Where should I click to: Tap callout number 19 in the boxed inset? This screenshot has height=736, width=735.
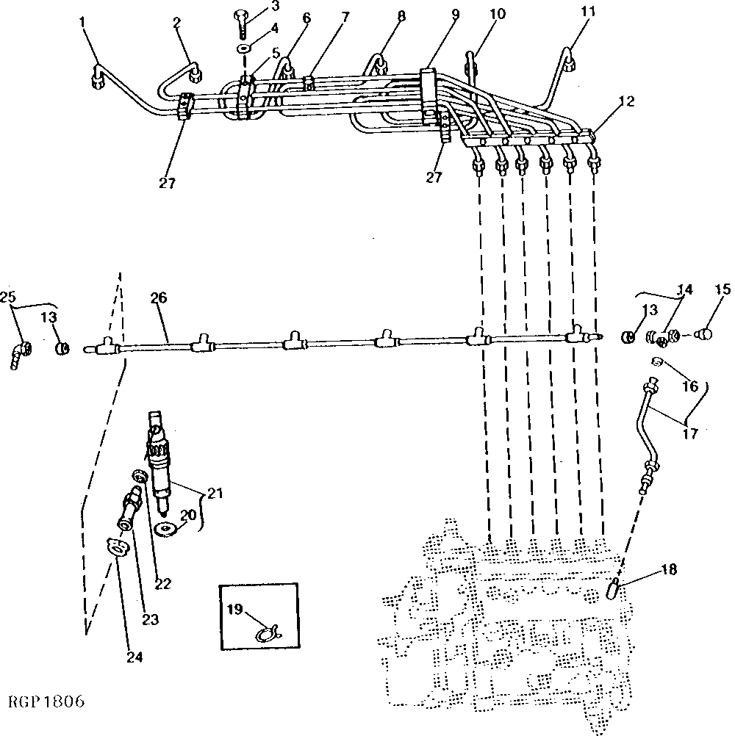point(234,609)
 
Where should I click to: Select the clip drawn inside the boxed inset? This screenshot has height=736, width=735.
point(268,630)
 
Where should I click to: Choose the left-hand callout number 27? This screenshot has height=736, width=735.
point(167,183)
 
